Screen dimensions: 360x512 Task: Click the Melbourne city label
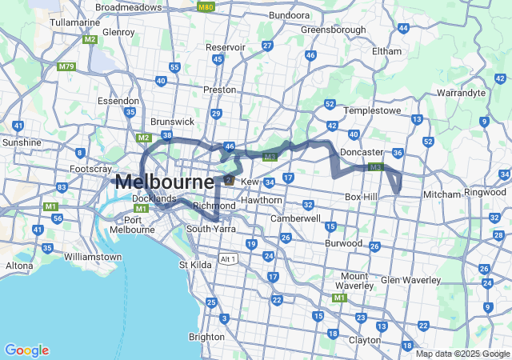point(164,182)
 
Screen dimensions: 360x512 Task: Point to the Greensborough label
point(333,30)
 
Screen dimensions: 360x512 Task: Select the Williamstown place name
point(92,257)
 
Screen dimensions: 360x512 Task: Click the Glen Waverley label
point(410,280)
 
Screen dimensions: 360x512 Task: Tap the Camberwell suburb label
point(295,218)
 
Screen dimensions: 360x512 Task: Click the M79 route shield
point(66,66)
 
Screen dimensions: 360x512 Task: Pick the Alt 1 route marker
point(228,259)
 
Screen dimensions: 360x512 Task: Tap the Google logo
point(26,350)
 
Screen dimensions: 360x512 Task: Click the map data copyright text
point(462,354)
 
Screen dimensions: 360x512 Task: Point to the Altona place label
point(20,265)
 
